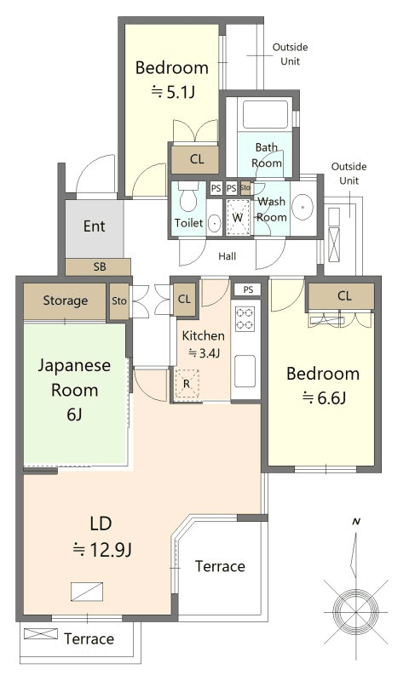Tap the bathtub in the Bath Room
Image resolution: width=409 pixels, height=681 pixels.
pos(266,114)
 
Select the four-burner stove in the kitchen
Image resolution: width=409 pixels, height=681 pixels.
pos(245,318)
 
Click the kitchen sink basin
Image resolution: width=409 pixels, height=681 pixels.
pos(245,371)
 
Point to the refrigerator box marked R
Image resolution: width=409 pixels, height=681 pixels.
pos(187,384)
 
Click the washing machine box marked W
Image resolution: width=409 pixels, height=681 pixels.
pos(238,217)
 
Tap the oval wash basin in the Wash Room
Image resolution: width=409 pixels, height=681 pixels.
pos(302,208)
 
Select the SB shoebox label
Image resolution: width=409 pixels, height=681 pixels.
pos(100,266)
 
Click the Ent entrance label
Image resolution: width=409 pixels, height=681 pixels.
pos(95,226)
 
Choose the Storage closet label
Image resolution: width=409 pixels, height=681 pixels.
pos(66,300)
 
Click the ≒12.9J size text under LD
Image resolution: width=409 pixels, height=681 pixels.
pos(102,550)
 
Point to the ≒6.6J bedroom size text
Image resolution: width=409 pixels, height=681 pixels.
pos(325,398)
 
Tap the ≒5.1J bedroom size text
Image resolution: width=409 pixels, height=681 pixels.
pos(173,92)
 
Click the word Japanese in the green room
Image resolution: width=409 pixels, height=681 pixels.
pos(74,366)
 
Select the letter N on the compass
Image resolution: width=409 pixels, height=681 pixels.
pos(356,522)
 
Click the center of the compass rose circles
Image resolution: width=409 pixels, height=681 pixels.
pos(355,611)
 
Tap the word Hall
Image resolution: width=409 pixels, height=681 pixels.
pos(228,256)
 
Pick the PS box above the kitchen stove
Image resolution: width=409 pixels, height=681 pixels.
pos(248,289)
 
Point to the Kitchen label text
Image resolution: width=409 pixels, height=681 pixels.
pos(204,335)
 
